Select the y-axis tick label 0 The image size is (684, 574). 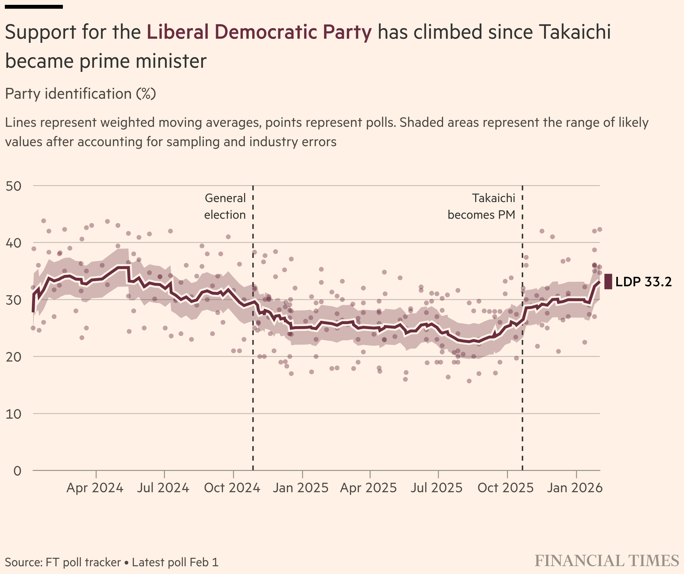coord(17,471)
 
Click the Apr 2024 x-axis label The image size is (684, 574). coord(95,488)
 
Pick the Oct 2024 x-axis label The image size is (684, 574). coord(232,488)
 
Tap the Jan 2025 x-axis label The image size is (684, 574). coord(301,488)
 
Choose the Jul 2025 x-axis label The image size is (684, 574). coord(437,488)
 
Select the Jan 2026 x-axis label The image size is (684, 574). coord(575,488)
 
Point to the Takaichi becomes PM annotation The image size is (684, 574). coord(481,206)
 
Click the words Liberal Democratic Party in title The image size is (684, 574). coord(259,32)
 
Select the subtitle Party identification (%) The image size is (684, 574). coord(81,94)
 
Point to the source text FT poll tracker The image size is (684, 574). coord(83,562)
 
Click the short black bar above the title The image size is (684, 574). coord(34,7)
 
